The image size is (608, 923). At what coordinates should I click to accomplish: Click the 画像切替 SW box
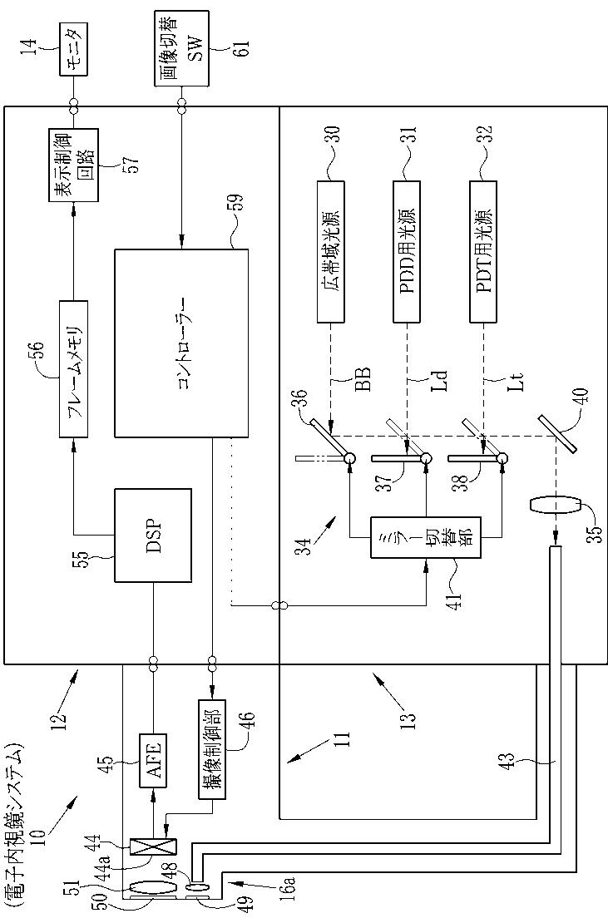point(180,47)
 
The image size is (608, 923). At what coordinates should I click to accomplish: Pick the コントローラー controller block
point(181,343)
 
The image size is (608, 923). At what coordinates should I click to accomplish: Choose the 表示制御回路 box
point(73,164)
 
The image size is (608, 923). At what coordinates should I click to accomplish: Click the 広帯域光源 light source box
point(331,251)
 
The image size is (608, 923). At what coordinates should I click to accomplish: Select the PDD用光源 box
point(407,251)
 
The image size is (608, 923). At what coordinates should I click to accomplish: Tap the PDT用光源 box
point(484,251)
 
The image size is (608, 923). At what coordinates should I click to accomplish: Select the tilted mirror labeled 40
point(558,434)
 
